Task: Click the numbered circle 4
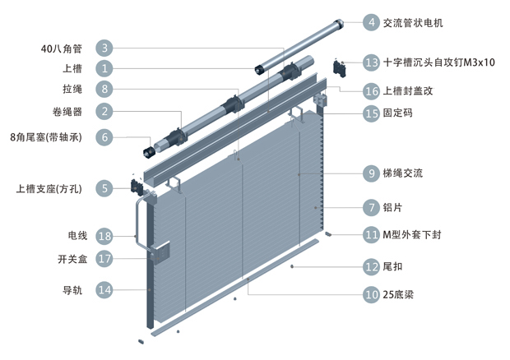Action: coord(371,23)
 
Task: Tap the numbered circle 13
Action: coord(371,62)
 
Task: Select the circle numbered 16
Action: coord(371,91)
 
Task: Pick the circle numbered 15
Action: coord(371,113)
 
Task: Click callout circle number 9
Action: coord(371,173)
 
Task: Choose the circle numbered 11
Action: coord(371,235)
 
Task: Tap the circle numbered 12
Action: coord(371,266)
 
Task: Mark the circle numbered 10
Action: coord(371,293)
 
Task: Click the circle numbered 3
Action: coord(104,48)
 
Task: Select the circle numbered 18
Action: coord(104,237)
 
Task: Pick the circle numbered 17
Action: coord(104,259)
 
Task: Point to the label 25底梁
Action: coord(398,293)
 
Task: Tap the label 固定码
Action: coord(399,113)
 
